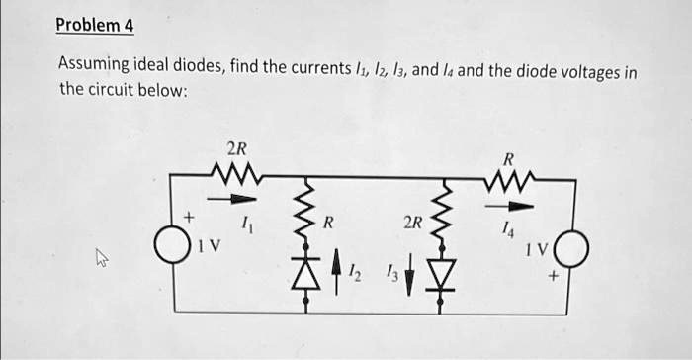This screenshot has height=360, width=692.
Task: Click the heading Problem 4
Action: [x=94, y=24]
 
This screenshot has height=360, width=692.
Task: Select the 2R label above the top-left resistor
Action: [x=236, y=149]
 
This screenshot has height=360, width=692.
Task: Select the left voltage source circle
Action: [x=175, y=247]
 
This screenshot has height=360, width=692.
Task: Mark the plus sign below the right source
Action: [x=554, y=279]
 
